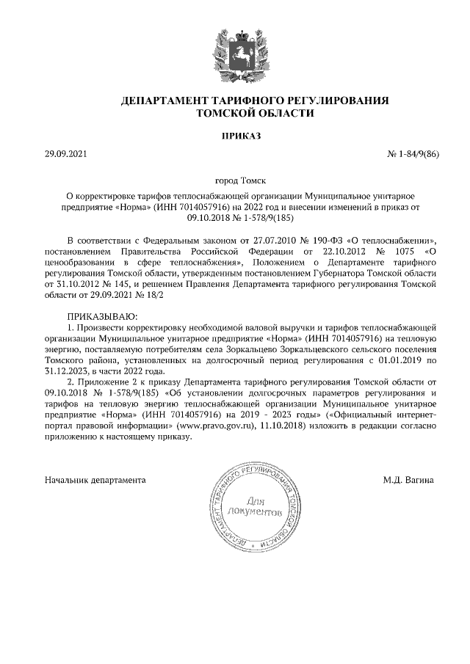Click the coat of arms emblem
[x=235, y=54]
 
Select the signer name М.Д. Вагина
[x=408, y=480]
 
